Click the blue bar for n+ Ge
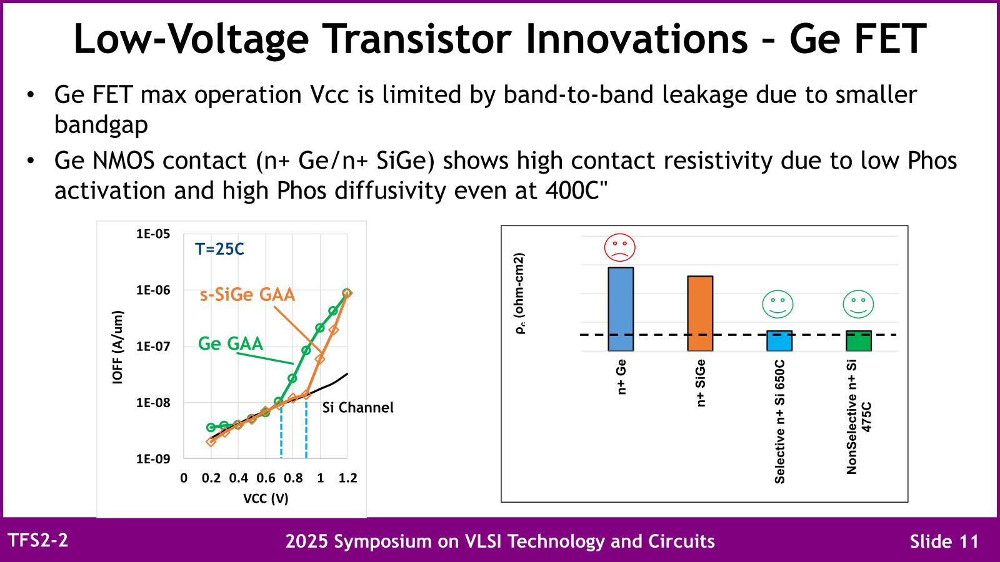[x=621, y=309]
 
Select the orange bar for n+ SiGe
[x=700, y=313]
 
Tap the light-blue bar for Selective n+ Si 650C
[x=779, y=341]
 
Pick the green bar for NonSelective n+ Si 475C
[x=859, y=341]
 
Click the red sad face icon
[x=619, y=247]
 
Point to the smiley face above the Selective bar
[x=777, y=305]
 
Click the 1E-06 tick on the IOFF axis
[x=153, y=290]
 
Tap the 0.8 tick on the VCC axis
[x=293, y=478]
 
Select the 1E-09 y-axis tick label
[x=153, y=459]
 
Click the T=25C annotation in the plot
[x=219, y=249]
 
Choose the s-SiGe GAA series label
[x=247, y=295]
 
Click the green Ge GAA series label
[x=231, y=343]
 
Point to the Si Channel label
[x=358, y=408]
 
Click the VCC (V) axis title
[x=266, y=498]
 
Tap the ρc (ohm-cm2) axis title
[x=520, y=293]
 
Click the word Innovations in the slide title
[x=636, y=39]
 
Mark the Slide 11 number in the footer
[x=944, y=541]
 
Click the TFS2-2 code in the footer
[x=37, y=540]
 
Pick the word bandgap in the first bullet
[x=101, y=125]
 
